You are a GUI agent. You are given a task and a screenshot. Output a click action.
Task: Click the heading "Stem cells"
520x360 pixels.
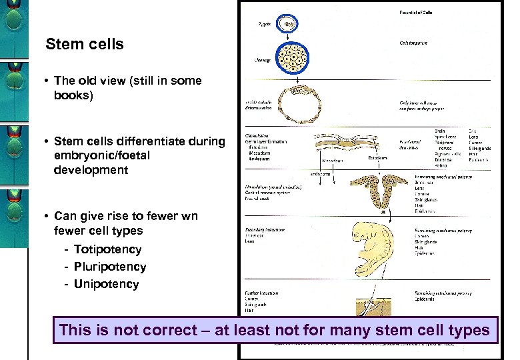click(x=85, y=45)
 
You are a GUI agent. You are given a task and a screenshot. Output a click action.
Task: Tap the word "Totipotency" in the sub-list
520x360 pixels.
click(x=107, y=249)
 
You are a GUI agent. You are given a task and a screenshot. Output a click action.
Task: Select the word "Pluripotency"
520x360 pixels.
click(x=110, y=267)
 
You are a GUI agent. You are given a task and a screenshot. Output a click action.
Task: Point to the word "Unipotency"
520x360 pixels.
click(x=106, y=284)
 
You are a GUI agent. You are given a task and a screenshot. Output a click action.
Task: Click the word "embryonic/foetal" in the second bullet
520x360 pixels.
click(x=102, y=155)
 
